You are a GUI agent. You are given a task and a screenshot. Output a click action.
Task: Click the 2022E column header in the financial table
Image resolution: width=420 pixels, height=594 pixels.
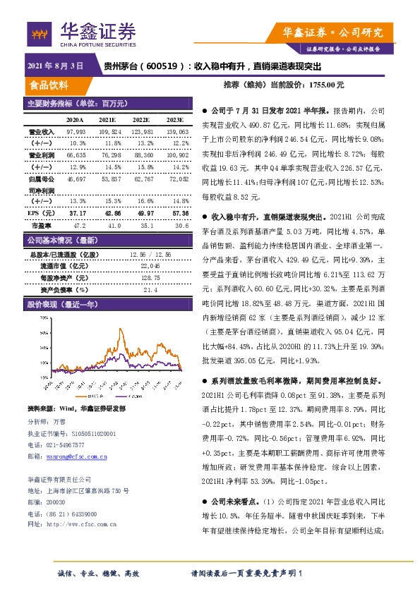141,121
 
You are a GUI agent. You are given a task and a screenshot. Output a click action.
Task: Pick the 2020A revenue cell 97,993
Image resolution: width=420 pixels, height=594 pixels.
76,132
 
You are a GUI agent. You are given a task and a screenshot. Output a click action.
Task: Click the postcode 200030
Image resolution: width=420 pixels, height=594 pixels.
57,502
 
